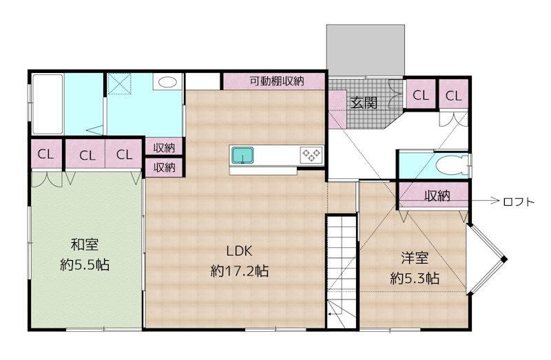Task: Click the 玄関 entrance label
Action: click(x=364, y=103)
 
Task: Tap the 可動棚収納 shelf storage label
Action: click(x=277, y=81)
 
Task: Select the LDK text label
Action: click(x=239, y=251)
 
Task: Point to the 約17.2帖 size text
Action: click(x=240, y=271)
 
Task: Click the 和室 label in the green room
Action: click(x=85, y=244)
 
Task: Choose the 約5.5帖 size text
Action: click(x=85, y=264)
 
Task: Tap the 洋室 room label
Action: click(x=415, y=258)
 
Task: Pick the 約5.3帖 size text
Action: click(x=415, y=278)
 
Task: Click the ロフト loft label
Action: click(x=519, y=202)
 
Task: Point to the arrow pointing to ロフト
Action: click(x=484, y=201)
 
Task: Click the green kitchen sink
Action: click(x=242, y=156)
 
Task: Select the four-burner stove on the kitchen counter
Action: click(x=311, y=155)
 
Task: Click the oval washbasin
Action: click(x=167, y=82)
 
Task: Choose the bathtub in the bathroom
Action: click(x=48, y=104)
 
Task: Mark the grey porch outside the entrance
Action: click(x=366, y=50)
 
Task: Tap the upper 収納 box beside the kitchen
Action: click(x=164, y=147)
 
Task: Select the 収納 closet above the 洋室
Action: click(x=435, y=195)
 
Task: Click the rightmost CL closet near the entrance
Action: click(x=453, y=95)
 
